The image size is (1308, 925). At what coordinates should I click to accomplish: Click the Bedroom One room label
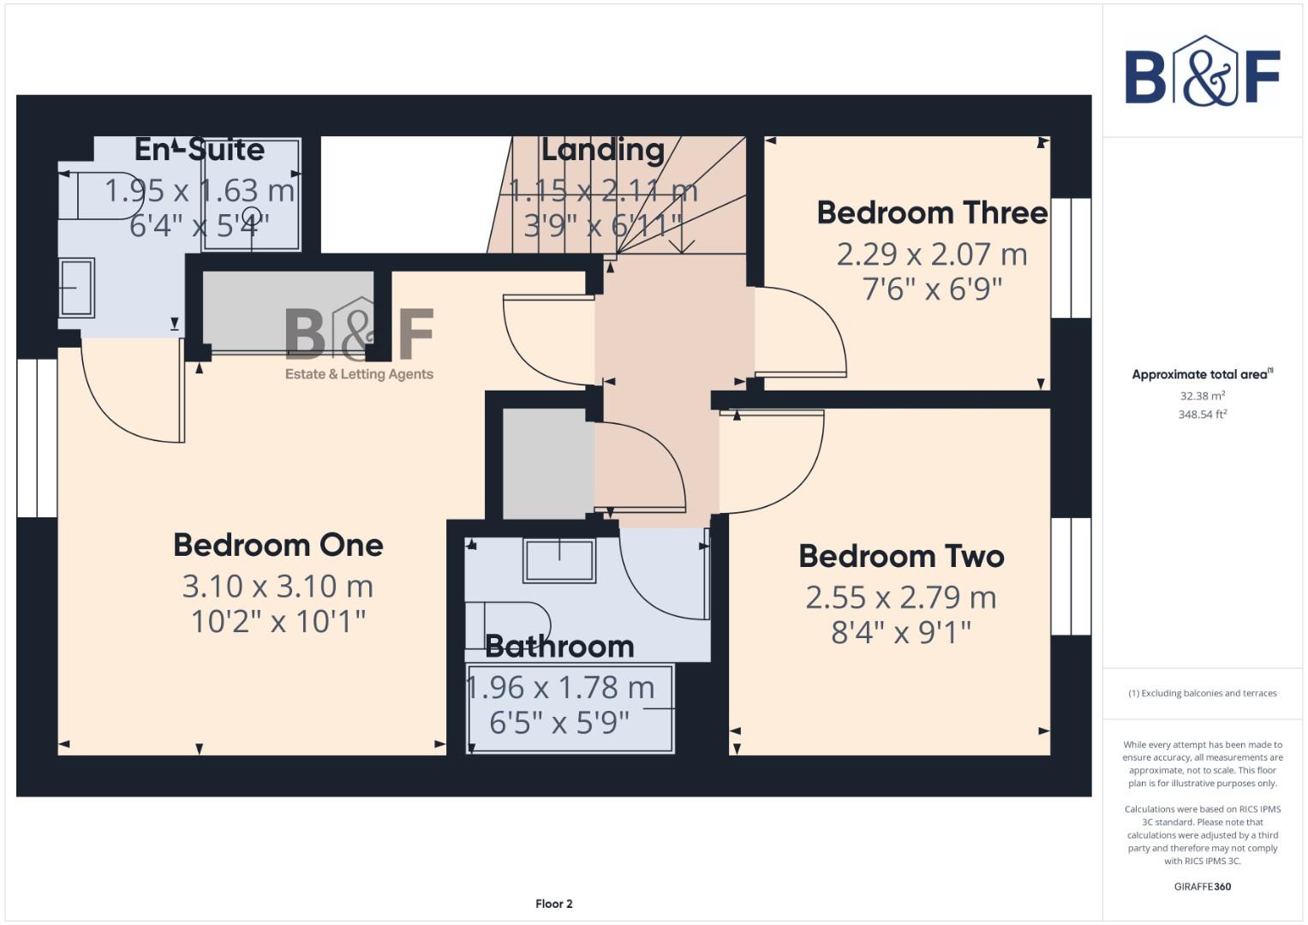point(278,545)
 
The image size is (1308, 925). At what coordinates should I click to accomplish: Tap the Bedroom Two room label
point(901,556)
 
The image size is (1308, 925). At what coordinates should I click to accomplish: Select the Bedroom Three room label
point(932,212)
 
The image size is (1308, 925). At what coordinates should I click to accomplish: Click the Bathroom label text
point(559,646)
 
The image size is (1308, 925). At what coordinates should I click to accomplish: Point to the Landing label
point(603,150)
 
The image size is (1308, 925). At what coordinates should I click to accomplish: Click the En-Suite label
point(200,150)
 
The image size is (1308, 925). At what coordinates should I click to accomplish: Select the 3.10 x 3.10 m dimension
point(278,587)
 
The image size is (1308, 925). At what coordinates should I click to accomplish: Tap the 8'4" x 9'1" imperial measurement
point(901,633)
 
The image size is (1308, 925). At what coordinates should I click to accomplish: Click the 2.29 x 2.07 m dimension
point(932,254)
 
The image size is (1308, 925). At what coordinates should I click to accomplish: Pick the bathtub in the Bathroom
point(570,708)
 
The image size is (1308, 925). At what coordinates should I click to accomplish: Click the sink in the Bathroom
point(559,561)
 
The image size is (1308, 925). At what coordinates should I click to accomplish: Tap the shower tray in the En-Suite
point(251,195)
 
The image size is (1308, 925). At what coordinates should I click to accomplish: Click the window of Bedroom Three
point(1071,258)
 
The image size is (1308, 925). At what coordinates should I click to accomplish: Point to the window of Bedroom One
point(37,438)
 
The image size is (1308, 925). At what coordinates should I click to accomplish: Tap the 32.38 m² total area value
point(1202,397)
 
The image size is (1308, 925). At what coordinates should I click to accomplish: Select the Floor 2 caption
point(553,904)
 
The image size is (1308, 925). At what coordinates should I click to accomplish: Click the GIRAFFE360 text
point(1202,886)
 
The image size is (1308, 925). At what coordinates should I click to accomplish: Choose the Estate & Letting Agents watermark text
point(359,374)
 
